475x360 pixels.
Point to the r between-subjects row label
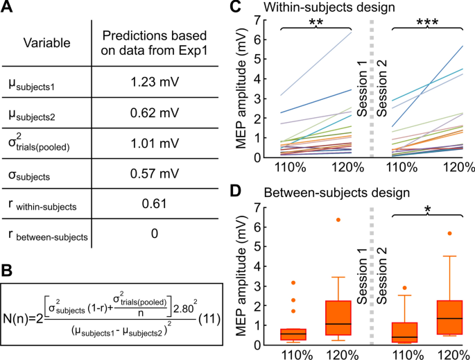click(x=47, y=237)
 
